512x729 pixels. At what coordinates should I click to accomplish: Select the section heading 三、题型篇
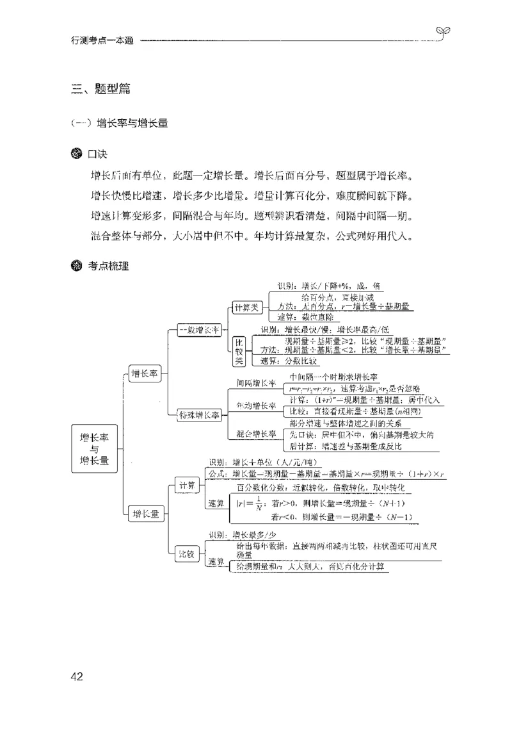[101, 89]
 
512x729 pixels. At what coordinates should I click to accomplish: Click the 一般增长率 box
[198, 330]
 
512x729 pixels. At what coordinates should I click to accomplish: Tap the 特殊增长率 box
[198, 415]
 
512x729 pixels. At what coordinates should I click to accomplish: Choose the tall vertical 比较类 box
[238, 352]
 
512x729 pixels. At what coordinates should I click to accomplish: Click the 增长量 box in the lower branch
[146, 513]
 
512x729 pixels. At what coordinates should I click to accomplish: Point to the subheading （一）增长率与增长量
[120, 124]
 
